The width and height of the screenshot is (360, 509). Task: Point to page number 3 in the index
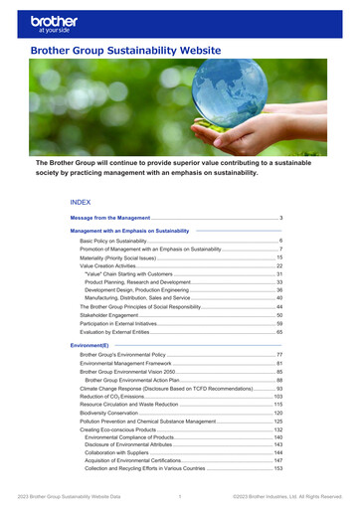282,217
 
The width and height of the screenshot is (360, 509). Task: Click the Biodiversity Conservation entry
116,413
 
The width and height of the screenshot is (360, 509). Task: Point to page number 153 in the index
279,468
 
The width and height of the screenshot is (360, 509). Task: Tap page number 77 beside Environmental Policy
280,355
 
